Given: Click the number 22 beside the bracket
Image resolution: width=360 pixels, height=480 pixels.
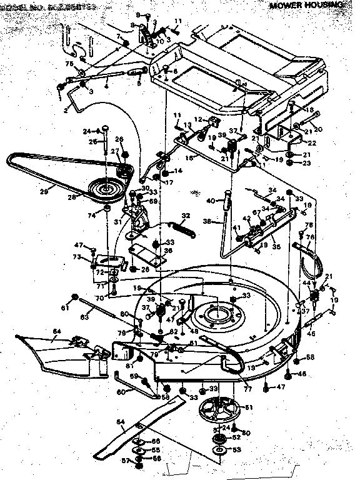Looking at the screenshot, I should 312,142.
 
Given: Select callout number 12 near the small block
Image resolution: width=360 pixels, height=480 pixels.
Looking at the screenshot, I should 197,119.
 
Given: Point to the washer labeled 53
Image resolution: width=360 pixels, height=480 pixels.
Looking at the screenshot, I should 219,449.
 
